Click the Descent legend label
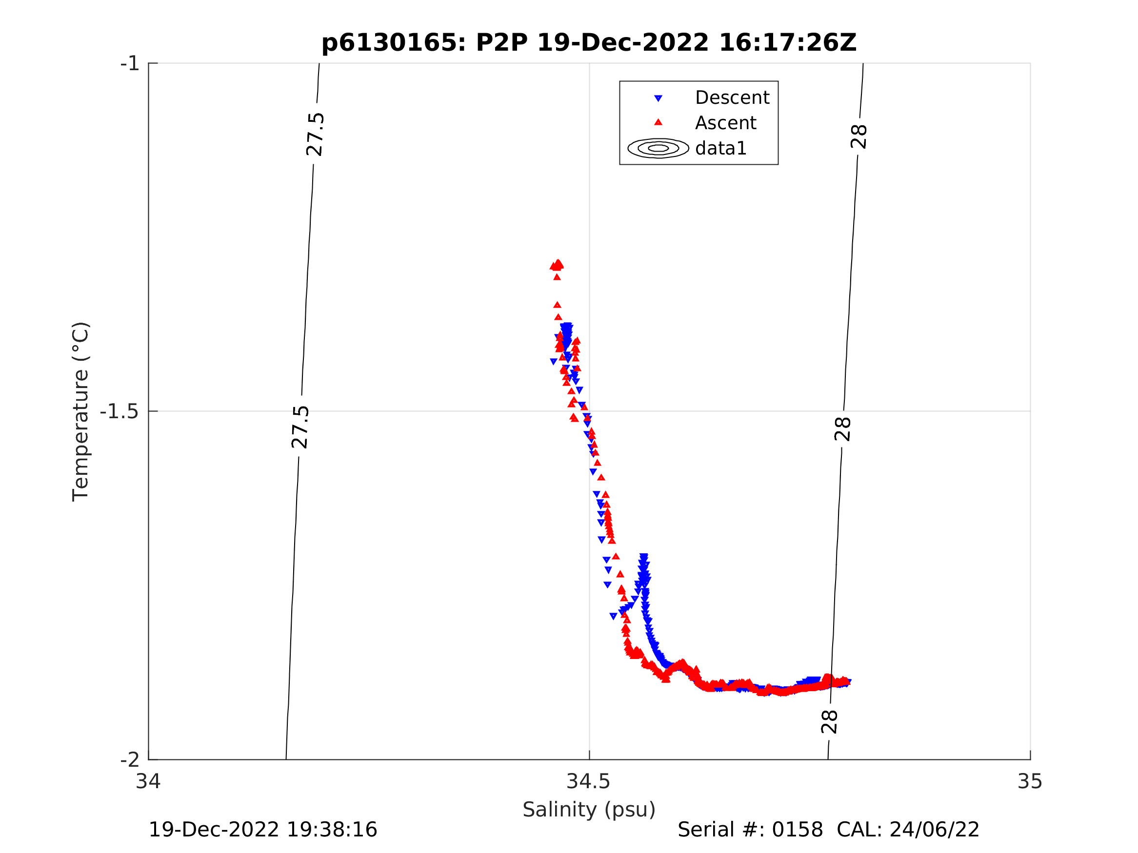pyautogui.click(x=732, y=97)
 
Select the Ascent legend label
pyautogui.click(x=725, y=123)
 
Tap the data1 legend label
pyautogui.click(x=721, y=149)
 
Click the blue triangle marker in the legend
pyautogui.click(x=658, y=98)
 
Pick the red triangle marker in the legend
pyautogui.click(x=658, y=122)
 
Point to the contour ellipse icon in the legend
pyautogui.click(x=658, y=148)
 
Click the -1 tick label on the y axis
pyautogui.click(x=130, y=64)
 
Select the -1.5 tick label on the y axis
pyautogui.click(x=120, y=412)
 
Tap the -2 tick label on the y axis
pyautogui.click(x=130, y=759)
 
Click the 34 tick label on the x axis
pyautogui.click(x=148, y=782)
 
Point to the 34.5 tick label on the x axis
pyautogui.click(x=589, y=782)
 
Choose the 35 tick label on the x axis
pyautogui.click(x=1030, y=782)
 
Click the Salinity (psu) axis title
pyautogui.click(x=589, y=810)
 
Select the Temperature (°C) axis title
pyautogui.click(x=81, y=411)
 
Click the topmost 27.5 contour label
pyautogui.click(x=314, y=135)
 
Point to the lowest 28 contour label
pyautogui.click(x=829, y=722)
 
